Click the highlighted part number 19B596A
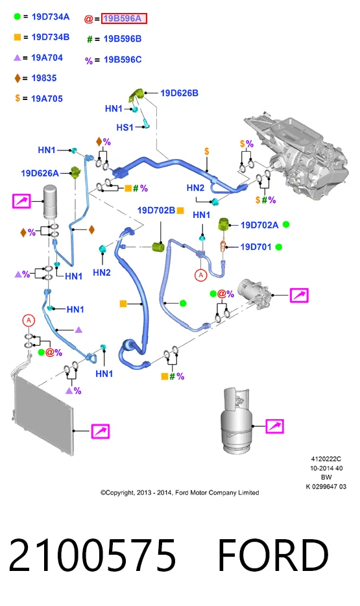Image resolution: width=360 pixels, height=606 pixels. [124, 18]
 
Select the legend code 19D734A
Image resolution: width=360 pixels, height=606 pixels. [51, 17]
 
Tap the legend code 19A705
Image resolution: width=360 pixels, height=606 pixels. [47, 99]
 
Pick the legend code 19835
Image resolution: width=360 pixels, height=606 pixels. [44, 78]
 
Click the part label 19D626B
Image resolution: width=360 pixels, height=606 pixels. [179, 93]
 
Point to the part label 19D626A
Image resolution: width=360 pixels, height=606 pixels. [40, 173]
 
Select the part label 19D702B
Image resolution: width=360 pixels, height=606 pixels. [156, 210]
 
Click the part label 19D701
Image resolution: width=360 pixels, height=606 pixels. [256, 247]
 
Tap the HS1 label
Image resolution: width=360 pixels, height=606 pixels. [125, 127]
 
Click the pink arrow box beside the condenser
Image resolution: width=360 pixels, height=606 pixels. [101, 431]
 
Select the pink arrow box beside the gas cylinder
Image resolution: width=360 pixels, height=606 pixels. [274, 426]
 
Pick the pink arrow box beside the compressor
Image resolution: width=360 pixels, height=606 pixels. [300, 295]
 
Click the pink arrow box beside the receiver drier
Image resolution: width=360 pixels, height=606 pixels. [21, 201]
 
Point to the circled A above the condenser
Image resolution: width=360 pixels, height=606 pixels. [28, 321]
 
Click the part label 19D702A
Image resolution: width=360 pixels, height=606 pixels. [259, 225]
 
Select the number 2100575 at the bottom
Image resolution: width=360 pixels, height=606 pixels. [92, 555]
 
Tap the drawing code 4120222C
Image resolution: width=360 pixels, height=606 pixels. [326, 459]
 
